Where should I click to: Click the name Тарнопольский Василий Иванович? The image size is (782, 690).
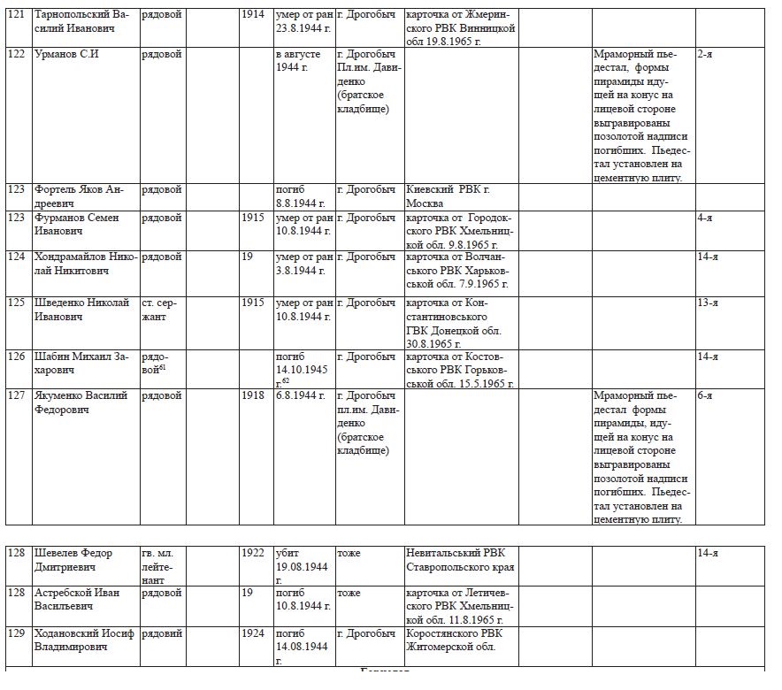click(80, 21)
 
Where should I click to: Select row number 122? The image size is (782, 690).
click(16, 55)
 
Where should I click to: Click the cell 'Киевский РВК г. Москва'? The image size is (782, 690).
click(448, 195)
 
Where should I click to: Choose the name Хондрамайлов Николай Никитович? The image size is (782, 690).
click(85, 263)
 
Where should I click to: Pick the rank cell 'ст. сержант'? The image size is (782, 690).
click(160, 309)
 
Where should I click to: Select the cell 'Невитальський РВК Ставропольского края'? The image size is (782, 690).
click(460, 560)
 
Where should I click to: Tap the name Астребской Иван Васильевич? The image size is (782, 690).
click(82, 599)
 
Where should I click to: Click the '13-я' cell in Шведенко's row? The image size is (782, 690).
click(707, 303)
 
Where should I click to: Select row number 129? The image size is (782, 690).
click(16, 633)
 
